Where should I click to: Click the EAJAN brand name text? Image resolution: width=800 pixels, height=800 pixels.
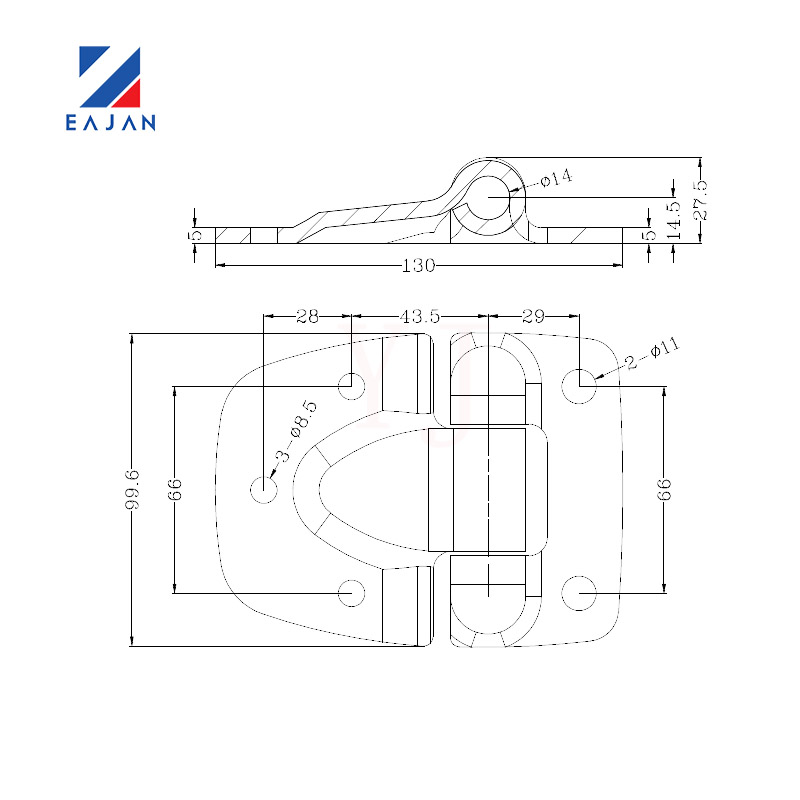click(x=110, y=122)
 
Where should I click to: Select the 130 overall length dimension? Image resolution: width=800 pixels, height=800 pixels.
click(x=418, y=265)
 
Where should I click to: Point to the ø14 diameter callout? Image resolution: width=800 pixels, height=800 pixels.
click(x=556, y=178)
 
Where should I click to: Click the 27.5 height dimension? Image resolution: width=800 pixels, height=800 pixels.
click(x=702, y=200)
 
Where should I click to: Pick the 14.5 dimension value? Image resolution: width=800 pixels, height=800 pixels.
click(x=674, y=220)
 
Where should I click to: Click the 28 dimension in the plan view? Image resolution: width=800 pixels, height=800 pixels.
click(x=308, y=316)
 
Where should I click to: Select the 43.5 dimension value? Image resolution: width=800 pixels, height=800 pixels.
click(x=419, y=316)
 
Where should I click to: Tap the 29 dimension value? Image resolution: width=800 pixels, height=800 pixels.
click(x=533, y=316)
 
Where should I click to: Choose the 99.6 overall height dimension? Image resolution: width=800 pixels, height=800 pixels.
click(x=132, y=490)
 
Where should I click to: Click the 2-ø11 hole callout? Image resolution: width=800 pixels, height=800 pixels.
click(x=653, y=353)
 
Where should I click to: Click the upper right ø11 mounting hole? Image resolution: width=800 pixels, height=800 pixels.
click(x=579, y=386)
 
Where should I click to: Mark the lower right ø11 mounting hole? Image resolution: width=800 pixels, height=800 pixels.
click(x=579, y=593)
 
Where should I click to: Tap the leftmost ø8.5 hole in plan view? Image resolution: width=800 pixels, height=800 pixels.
click(x=264, y=490)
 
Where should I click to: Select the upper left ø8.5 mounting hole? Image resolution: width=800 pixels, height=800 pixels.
click(x=352, y=386)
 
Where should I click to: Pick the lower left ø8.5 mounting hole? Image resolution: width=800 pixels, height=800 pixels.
click(x=352, y=593)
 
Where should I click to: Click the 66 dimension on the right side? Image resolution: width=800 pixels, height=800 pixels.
click(x=664, y=490)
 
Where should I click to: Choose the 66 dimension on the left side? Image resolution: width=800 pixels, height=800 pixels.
click(x=174, y=490)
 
